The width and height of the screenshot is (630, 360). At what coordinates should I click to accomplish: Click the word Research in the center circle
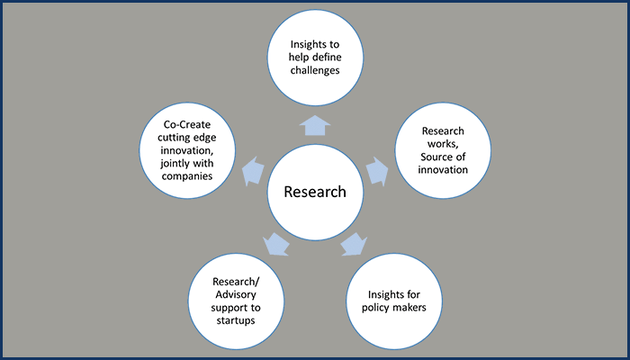coord(315,193)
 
